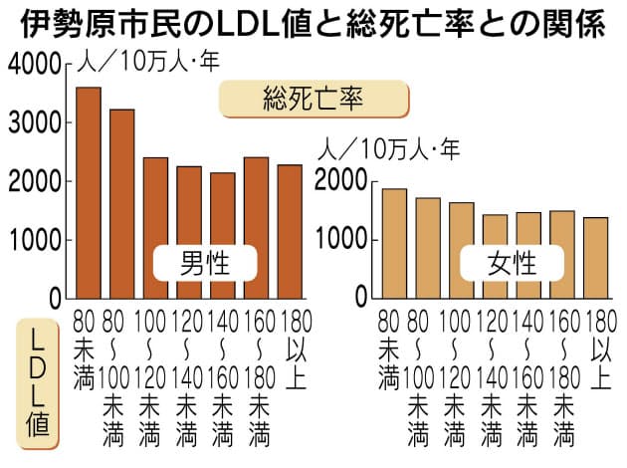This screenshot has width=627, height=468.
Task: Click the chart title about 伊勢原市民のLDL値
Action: coord(313,22)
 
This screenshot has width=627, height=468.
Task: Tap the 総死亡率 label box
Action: coord(313,98)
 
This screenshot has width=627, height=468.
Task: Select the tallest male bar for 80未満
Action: coord(89,193)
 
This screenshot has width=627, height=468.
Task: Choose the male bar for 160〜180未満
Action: coord(256,228)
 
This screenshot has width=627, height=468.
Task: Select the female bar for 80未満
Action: coord(394,244)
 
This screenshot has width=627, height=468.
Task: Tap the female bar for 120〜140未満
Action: coord(495,257)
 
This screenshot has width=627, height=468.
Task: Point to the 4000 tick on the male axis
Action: coord(33,66)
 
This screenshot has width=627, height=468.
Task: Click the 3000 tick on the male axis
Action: coord(33,123)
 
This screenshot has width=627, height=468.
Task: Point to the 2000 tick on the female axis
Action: coord(338,181)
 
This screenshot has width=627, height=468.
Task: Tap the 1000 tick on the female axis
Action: coord(338,240)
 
